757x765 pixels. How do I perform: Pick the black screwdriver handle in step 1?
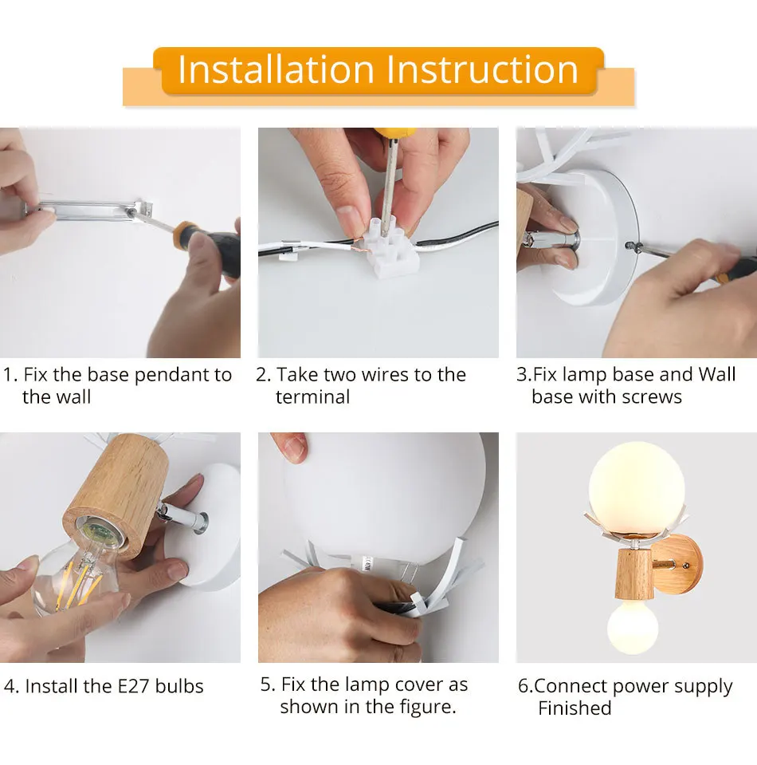210,246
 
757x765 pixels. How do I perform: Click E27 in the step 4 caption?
134,686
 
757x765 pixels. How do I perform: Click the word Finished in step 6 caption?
575,708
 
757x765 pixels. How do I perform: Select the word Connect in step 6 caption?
575,686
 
